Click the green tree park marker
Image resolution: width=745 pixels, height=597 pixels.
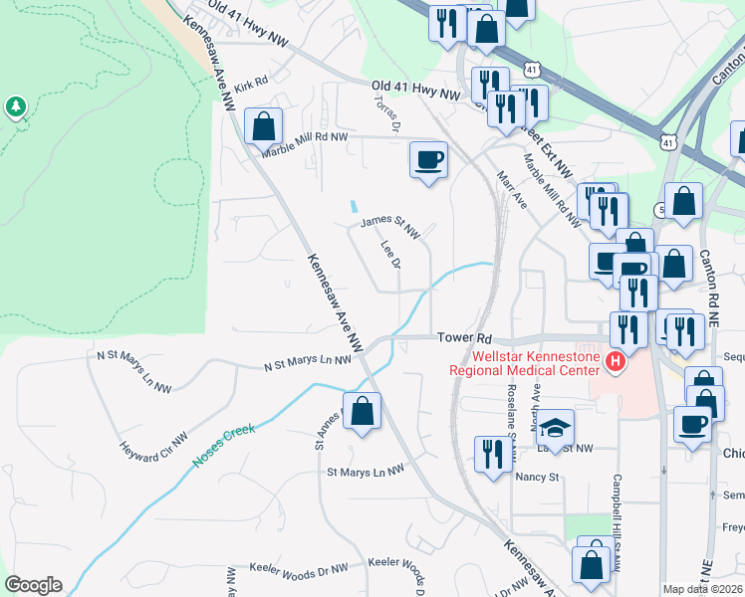[15, 105]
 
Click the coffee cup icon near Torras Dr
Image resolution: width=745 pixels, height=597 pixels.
[428, 160]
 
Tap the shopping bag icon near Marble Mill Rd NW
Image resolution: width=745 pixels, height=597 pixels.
[263, 127]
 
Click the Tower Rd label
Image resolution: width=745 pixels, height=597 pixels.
[464, 338]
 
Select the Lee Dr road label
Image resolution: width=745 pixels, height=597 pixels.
[390, 254]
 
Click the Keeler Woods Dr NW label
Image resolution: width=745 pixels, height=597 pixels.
[299, 566]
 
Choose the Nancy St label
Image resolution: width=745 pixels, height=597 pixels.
[538, 477]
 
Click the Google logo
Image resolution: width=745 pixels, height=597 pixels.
[33, 585]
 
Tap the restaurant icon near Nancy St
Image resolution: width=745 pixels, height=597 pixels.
[492, 455]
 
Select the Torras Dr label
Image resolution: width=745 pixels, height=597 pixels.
[385, 113]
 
